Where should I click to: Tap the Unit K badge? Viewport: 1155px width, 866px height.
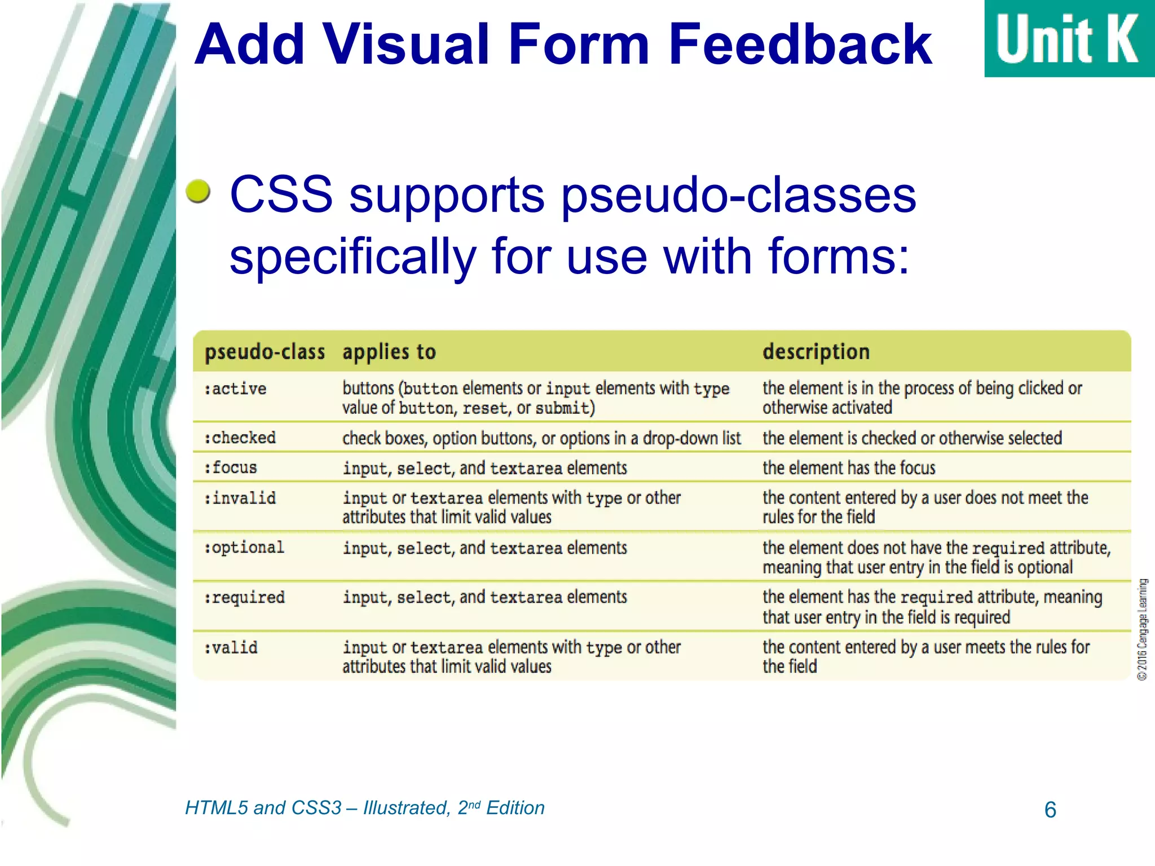tap(1068, 38)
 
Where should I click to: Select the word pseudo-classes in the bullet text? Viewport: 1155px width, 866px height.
tap(739, 195)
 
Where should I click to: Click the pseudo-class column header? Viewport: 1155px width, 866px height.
tap(264, 352)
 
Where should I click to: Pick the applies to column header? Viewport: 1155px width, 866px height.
tap(389, 352)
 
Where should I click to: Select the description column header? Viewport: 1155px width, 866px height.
tap(815, 352)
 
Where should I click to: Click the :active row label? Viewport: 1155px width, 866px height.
tap(235, 388)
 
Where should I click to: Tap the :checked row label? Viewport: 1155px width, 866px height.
tap(240, 438)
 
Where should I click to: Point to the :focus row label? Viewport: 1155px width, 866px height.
tap(231, 467)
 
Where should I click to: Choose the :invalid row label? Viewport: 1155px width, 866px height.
tap(240, 498)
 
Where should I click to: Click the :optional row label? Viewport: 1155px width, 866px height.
tap(244, 547)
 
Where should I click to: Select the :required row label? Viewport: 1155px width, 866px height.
tap(244, 597)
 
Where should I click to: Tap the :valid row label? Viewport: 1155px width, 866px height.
tap(231, 647)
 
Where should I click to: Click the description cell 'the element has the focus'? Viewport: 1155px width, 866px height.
tap(848, 468)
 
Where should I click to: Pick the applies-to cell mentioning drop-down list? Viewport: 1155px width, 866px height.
tap(541, 438)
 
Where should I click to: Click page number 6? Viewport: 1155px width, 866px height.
tap(1050, 810)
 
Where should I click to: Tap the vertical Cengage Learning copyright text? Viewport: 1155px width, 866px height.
tap(1142, 629)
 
